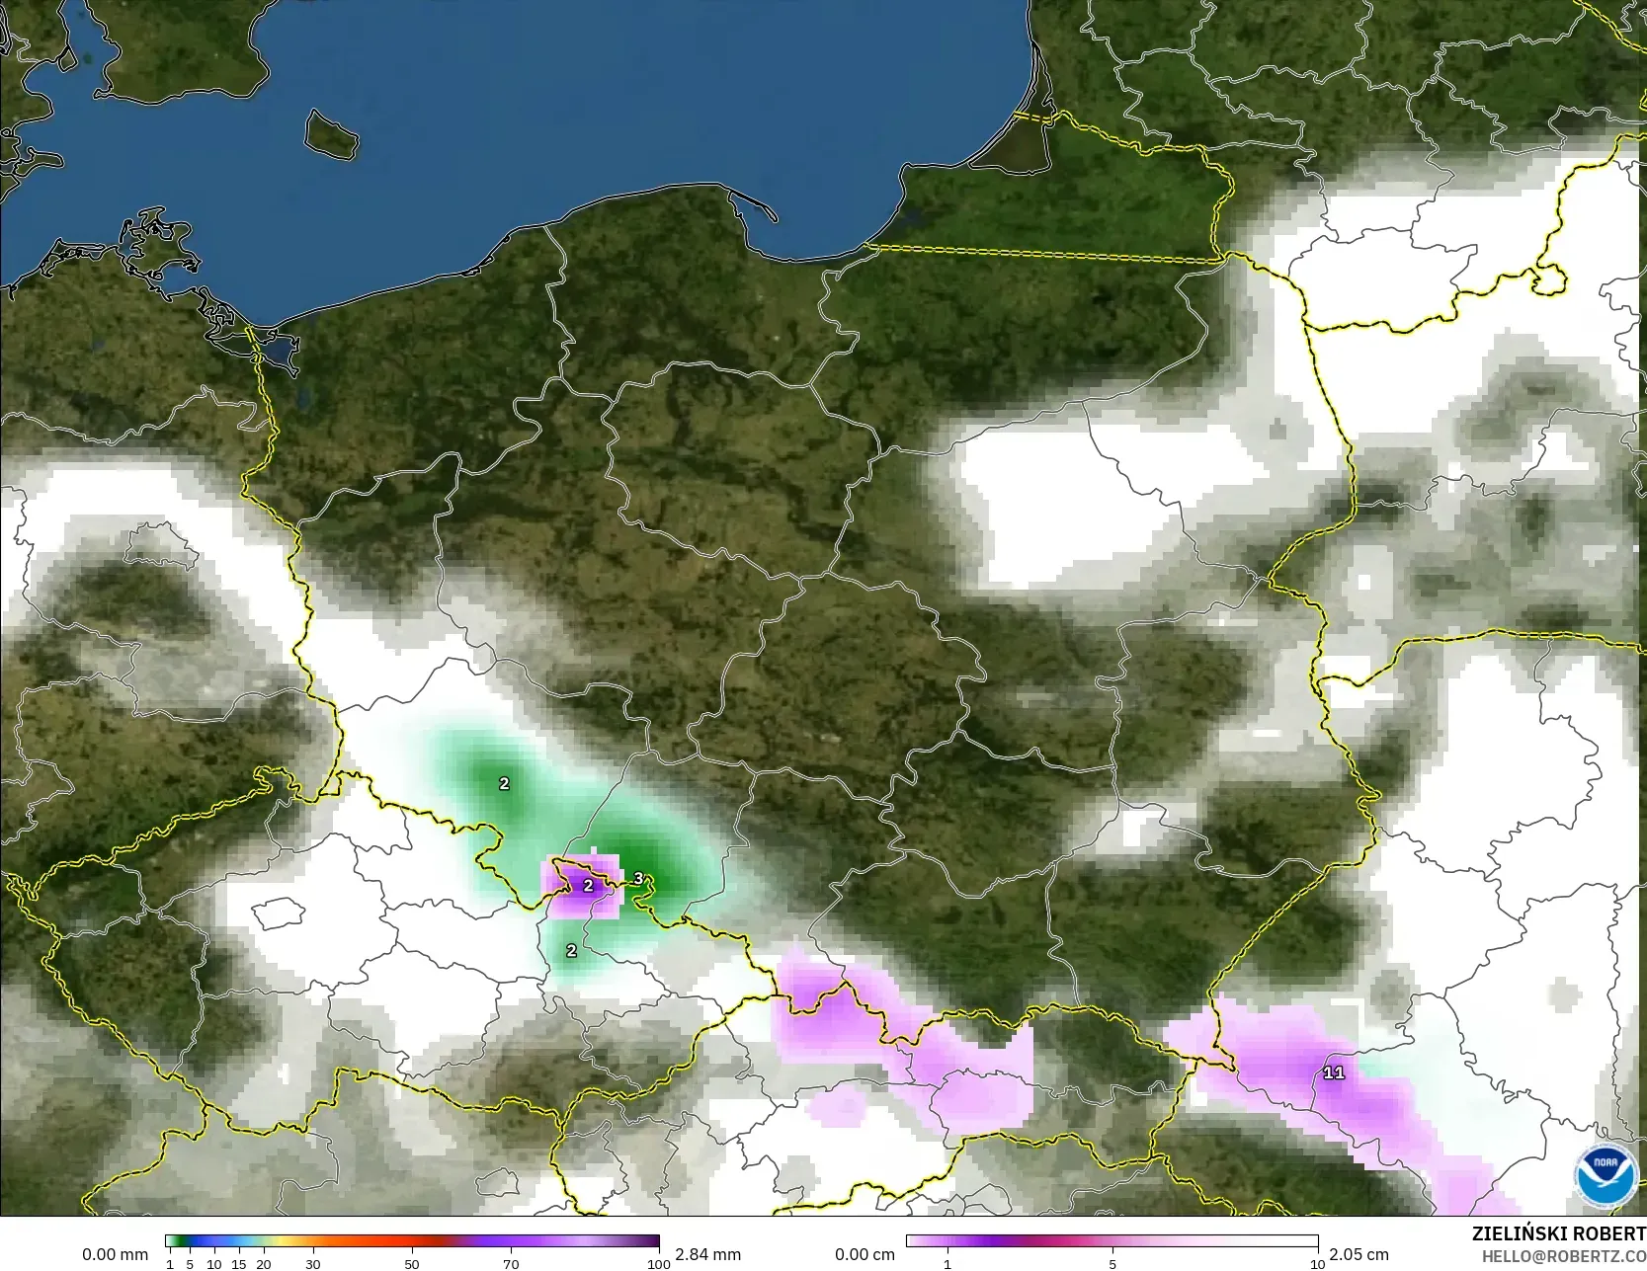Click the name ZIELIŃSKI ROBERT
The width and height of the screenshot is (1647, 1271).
(1558, 1233)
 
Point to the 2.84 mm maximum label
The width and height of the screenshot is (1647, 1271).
(707, 1254)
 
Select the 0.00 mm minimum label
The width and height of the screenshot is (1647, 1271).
(115, 1254)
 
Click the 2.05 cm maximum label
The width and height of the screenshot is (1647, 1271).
(1359, 1254)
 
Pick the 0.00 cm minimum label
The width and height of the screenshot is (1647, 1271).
(865, 1254)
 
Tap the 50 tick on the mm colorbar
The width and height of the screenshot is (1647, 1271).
(412, 1264)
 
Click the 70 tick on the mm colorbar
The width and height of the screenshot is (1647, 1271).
(511, 1264)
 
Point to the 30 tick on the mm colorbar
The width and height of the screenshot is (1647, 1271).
(313, 1264)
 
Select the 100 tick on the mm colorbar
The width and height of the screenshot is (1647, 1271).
(659, 1264)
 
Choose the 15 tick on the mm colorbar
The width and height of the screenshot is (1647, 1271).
(239, 1264)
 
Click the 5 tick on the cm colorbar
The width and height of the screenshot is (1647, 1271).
(1112, 1264)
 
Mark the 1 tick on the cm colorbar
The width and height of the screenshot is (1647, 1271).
(947, 1264)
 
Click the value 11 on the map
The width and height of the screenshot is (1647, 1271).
(1334, 1072)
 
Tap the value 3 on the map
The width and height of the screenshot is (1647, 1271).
(638, 878)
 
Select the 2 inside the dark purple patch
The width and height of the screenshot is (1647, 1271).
(588, 886)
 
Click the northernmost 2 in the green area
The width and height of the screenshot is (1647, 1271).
(504, 783)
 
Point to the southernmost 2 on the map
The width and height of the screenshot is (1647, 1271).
(571, 951)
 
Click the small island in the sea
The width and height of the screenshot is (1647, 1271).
(330, 134)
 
